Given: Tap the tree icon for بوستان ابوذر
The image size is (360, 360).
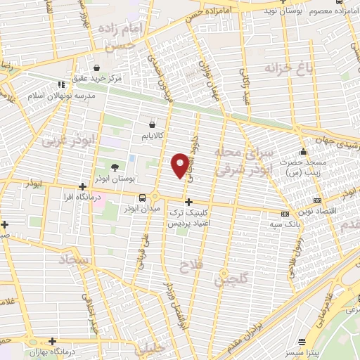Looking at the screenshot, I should pos(115,167).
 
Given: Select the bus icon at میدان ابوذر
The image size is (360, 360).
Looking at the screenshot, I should pos(143,197).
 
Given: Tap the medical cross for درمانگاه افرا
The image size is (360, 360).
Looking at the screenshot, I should pos(83,187).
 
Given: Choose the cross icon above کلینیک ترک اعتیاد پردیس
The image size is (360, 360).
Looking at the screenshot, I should pos(188,202).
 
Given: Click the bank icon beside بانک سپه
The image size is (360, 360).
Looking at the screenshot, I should pos(284,214).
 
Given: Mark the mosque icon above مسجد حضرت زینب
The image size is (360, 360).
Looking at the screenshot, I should pos(303,152).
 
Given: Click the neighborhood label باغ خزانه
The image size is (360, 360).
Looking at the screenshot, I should pos(288,68).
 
